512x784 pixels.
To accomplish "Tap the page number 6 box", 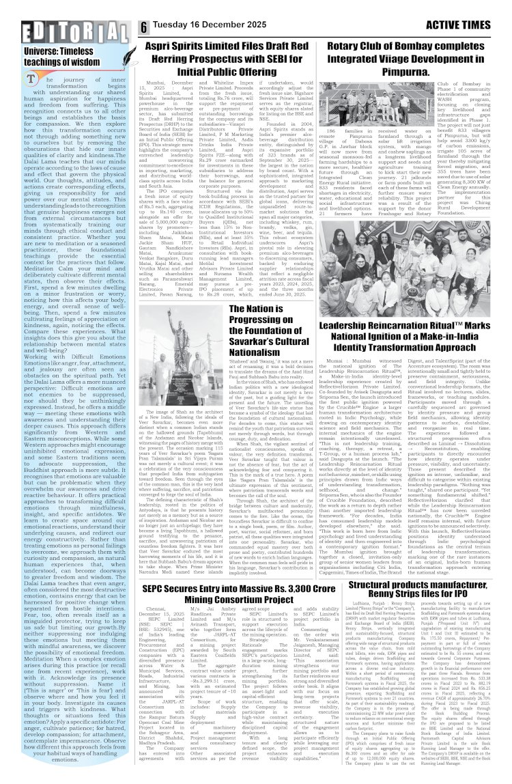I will coord(145,27).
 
